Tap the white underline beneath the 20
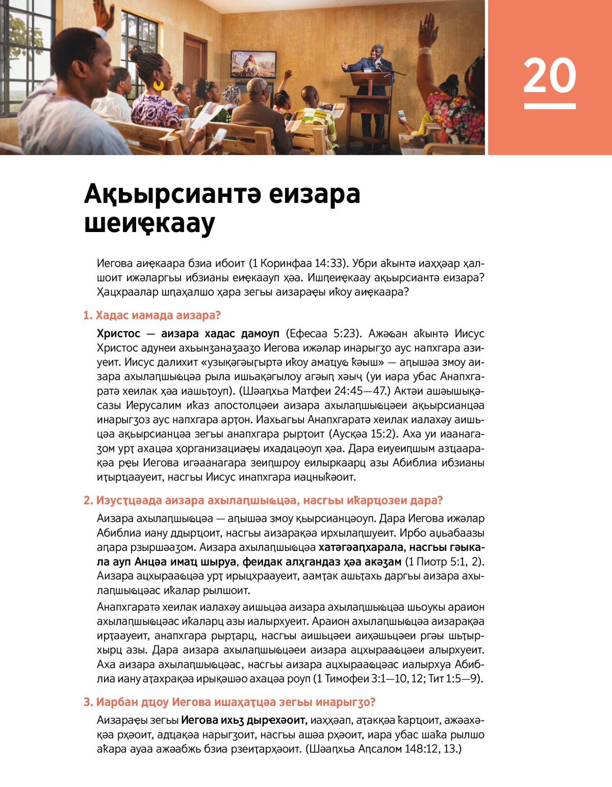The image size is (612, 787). (549, 106)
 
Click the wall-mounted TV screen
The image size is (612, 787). (253, 64)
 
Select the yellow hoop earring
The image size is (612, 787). (159, 85)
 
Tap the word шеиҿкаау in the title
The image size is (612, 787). (149, 223)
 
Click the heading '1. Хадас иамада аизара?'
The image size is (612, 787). (152, 315)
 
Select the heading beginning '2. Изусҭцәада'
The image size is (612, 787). (263, 500)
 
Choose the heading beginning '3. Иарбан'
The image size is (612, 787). (229, 702)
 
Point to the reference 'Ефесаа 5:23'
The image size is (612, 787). (324, 334)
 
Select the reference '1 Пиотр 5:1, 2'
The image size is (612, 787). (444, 562)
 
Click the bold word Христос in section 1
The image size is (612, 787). (118, 334)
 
